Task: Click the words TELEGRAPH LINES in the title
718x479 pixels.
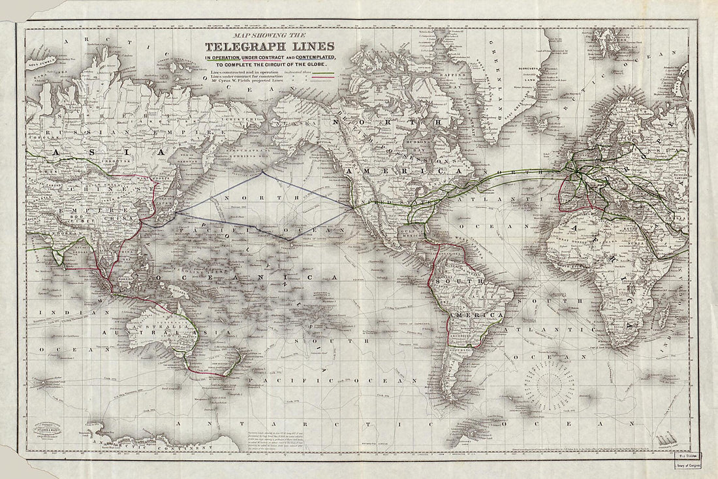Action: [x=270, y=46]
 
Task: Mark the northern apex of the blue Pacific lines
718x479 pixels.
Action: [x=262, y=172]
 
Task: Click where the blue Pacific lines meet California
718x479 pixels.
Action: [x=352, y=208]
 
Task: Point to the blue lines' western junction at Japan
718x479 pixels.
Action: [x=175, y=212]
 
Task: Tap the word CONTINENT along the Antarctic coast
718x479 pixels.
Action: [x=163, y=449]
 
